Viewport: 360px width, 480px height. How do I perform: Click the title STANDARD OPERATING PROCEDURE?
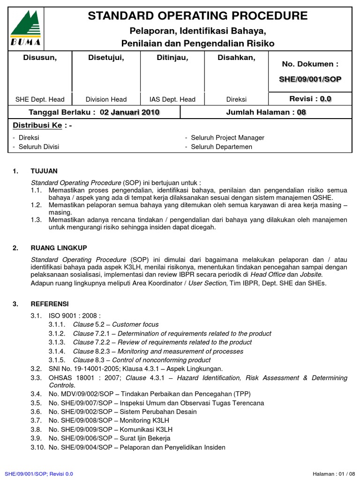pyautogui.click(x=198, y=16)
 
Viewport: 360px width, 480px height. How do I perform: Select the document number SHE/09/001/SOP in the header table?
pyautogui.click(x=310, y=79)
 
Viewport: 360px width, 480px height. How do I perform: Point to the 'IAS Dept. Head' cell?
pyautogui.click(x=172, y=99)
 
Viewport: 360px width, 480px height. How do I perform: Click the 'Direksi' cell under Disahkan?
pyautogui.click(x=237, y=99)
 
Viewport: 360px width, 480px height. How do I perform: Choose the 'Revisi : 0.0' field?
pyautogui.click(x=310, y=98)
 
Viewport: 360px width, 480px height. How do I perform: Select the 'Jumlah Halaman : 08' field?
pyautogui.click(x=266, y=112)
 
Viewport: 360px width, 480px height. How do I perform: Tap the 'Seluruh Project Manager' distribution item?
pyautogui.click(x=227, y=138)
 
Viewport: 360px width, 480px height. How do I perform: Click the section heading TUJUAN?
pyautogui.click(x=44, y=171)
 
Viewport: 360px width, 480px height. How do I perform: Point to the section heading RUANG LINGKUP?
pyautogui.click(x=59, y=247)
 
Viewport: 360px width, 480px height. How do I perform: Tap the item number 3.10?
pyautogui.click(x=37, y=448)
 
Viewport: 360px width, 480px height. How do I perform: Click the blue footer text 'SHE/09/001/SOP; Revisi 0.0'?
pyautogui.click(x=38, y=474)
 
